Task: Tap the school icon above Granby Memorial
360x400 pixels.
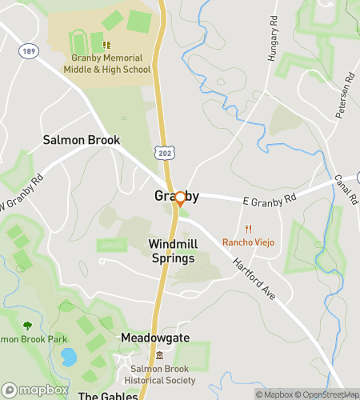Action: (106, 45)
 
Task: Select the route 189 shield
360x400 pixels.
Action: (29, 50)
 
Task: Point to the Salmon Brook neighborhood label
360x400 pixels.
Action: (82, 140)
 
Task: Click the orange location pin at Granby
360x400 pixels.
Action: (180, 198)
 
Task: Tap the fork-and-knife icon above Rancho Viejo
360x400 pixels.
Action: (248, 229)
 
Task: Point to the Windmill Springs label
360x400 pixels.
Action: (172, 250)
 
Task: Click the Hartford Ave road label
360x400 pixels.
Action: (254, 278)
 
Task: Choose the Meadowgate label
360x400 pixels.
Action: (155, 338)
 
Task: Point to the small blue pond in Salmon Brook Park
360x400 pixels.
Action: (70, 356)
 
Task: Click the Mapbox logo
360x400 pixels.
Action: (34, 390)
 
